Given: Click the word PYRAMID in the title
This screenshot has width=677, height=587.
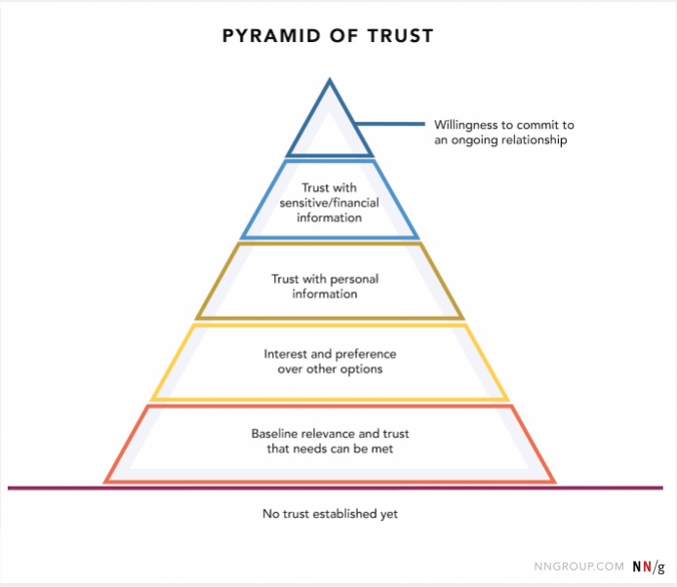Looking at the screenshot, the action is click(271, 36).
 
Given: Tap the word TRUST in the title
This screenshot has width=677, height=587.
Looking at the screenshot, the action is click(401, 36).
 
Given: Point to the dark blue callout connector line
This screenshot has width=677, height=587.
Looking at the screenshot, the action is click(390, 124).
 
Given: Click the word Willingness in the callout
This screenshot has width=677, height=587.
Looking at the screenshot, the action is click(466, 125).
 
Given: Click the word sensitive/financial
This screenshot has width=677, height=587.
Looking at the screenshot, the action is click(329, 203).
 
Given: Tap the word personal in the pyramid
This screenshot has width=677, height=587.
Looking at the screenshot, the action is click(354, 279).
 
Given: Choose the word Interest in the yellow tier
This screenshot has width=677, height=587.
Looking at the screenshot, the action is click(286, 354).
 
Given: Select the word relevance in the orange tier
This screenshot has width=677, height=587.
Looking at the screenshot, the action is click(332, 433).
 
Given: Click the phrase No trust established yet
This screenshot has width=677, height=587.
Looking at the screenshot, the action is click(331, 514).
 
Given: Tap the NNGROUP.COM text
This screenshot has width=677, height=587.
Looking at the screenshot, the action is click(579, 567).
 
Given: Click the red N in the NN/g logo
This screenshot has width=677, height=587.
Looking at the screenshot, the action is click(647, 567).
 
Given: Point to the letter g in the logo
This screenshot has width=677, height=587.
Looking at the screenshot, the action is click(661, 567).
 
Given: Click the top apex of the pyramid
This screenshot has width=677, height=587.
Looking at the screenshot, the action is click(330, 78).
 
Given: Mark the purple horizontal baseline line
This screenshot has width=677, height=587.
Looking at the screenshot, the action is click(335, 489).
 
